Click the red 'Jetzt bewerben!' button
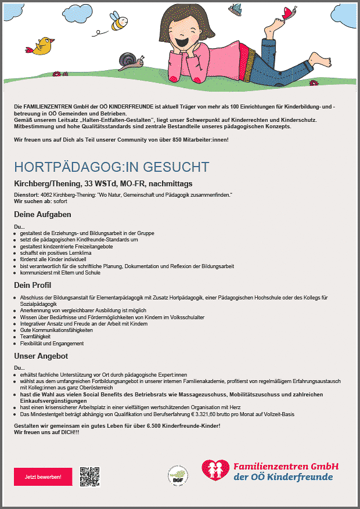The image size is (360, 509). point(43,476)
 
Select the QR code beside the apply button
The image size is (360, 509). point(90,476)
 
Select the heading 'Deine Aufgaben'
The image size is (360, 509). point(42,215)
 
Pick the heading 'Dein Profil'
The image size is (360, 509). point(33,285)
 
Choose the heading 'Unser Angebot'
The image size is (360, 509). point(41,355)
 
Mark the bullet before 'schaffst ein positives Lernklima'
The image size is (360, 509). point(16,253)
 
